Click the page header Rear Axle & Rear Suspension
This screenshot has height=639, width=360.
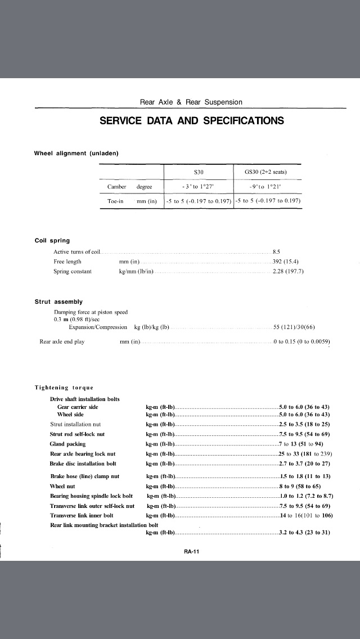191,102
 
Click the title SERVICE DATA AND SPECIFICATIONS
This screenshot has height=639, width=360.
191,121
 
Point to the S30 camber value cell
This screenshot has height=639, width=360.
197,187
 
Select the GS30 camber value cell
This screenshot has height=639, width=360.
267,187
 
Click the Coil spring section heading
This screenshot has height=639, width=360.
52,241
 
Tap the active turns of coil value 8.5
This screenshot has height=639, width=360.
277,251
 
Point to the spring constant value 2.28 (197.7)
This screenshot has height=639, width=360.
287,272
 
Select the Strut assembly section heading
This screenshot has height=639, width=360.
58,302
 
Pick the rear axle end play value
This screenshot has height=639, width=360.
301,341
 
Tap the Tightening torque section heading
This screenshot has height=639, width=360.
64,388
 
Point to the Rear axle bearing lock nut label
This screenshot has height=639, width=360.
83,454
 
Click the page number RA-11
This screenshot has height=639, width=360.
191,551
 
